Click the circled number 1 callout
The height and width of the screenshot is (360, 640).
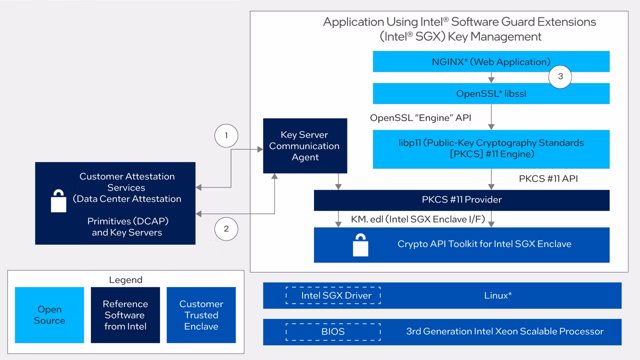226,135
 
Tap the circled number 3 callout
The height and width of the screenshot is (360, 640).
560,76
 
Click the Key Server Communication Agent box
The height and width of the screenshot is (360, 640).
304,146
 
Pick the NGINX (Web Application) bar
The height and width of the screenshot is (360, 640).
491,62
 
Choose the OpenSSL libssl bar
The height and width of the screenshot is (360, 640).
491,93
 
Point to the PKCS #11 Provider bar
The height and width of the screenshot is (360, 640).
461,200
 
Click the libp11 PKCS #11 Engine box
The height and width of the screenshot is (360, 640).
491,148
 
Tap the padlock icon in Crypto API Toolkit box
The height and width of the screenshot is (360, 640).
360,245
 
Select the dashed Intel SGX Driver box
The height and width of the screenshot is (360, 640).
332,295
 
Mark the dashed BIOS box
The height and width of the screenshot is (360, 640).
332,331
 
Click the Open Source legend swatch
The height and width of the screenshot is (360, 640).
49,315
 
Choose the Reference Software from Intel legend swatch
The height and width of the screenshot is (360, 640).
125,315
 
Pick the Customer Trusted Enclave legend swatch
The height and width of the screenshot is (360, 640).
201,315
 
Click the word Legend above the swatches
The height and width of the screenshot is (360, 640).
125,280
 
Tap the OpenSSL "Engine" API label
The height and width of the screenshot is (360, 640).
420,118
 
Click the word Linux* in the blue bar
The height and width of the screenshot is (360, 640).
497,295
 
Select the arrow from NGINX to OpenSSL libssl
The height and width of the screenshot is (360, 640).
491,77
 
